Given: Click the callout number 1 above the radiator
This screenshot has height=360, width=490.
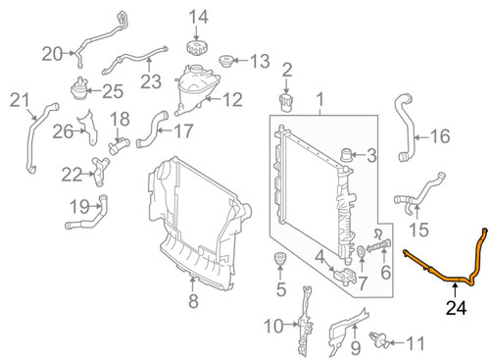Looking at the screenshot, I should (x=318, y=99).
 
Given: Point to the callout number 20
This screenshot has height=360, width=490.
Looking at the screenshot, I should (x=52, y=52).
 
